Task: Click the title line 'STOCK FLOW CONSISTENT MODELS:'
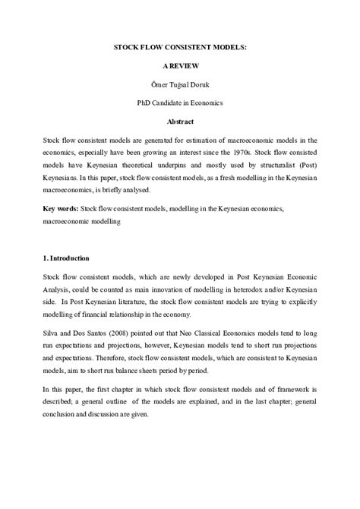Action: click(x=180, y=47)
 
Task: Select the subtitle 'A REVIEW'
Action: click(x=180, y=66)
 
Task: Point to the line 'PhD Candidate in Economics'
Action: click(x=180, y=103)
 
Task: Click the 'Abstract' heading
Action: click(x=180, y=122)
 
